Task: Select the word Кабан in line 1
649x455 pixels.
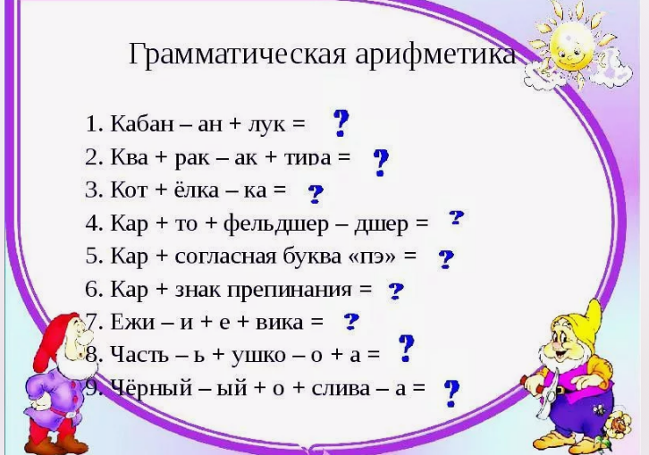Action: pos(142,123)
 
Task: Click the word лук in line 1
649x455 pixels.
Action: pos(267,124)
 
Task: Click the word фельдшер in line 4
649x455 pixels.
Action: pos(275,224)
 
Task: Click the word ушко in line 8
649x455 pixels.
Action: pos(258,357)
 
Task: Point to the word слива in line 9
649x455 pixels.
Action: pos(341,389)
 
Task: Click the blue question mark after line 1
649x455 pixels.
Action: pos(341,123)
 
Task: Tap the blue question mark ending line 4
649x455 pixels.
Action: pos(457,218)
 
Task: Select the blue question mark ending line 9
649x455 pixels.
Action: pos(451,393)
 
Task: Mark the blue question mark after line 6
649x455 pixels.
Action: pos(396,291)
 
